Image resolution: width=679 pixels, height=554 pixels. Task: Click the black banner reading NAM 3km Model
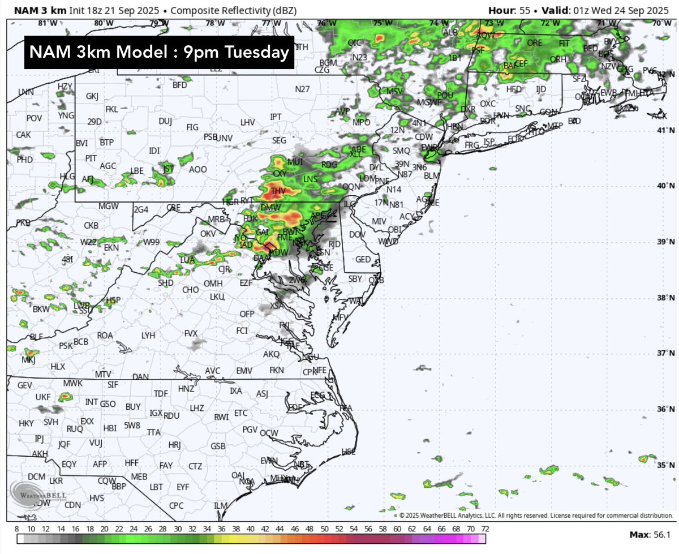pos(159,53)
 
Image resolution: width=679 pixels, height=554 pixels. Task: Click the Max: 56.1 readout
pos(650,535)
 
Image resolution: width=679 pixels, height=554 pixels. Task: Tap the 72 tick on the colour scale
pos(484,529)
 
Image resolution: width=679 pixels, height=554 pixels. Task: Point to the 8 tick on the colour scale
pos(18,529)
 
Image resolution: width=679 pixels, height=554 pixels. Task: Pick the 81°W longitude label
pos(48,23)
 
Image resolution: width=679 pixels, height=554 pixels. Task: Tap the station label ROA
pos(105,336)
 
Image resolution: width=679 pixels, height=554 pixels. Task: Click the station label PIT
pos(91,158)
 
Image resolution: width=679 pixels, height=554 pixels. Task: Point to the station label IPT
pos(276,117)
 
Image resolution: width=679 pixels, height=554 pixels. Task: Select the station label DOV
pos(356,234)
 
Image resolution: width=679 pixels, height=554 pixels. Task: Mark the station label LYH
pos(148,336)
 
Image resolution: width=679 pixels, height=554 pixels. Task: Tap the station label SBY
pos(355,278)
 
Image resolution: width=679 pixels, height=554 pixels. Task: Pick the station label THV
pos(278,191)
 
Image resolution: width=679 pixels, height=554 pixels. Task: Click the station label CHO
pos(190,290)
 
